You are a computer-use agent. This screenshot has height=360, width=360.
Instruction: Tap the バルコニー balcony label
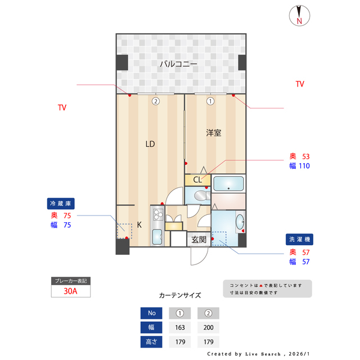pos(178,64)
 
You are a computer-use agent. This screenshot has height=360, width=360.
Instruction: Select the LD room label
pos(150,144)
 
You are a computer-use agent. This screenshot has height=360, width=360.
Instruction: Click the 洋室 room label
pos(213,133)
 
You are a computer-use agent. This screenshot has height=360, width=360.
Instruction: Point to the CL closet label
pos(197,180)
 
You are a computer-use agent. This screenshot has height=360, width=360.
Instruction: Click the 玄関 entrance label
pos(199,240)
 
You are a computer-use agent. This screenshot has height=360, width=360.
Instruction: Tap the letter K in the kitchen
pos(139,224)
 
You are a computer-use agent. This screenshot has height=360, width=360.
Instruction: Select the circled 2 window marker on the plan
pos(155,102)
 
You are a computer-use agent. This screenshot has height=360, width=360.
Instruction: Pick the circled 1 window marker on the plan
pos(210,102)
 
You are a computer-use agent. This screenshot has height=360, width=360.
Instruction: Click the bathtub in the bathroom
pos(228,184)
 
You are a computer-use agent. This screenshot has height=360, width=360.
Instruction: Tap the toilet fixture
pos(199,196)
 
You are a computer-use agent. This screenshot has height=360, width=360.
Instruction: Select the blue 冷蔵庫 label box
pos(61,204)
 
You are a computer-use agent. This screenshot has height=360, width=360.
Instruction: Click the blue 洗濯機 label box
pos(299,239)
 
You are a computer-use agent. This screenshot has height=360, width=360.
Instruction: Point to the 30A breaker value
pos(71,291)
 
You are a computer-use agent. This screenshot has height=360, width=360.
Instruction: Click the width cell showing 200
pos(208,327)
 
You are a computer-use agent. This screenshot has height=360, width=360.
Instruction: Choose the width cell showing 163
pos(180,327)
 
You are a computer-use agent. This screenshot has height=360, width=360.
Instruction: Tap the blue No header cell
pos(151,313)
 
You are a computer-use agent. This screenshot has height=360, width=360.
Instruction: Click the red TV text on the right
pos(300,84)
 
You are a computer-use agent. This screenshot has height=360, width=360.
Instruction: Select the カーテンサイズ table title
pos(180,295)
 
